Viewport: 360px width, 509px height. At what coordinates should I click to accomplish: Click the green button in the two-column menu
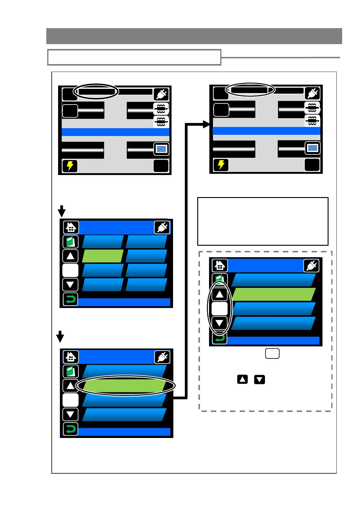103,256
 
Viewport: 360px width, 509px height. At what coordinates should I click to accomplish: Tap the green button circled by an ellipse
124,386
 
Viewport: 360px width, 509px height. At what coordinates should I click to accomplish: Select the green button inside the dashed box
273,294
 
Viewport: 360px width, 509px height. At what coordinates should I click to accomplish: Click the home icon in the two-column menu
71,227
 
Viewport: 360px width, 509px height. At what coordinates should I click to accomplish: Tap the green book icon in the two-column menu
70,242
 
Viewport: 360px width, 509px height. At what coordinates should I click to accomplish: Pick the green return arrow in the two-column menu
70,299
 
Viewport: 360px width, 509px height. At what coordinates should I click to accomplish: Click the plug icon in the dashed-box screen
311,266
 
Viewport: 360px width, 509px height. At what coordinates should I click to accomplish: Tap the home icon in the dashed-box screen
220,265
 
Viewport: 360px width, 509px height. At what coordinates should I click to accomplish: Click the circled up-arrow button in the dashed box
220,294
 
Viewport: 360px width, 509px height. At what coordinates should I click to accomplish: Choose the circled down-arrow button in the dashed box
220,323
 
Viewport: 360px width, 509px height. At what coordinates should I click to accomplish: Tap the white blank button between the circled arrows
220,309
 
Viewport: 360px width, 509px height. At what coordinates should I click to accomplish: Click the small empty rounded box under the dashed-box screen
272,353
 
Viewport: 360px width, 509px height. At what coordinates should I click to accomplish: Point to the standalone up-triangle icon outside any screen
242,379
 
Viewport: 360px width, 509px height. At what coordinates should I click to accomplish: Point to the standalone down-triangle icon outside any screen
260,379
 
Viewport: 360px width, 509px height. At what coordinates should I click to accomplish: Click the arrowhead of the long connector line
207,124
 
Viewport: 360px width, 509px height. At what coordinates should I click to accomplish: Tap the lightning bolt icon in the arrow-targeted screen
221,165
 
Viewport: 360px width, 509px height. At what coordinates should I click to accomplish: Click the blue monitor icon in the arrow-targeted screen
312,148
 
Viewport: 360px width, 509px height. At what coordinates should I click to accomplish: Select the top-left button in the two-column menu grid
103,242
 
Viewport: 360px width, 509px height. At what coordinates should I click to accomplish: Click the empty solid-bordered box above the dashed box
263,221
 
